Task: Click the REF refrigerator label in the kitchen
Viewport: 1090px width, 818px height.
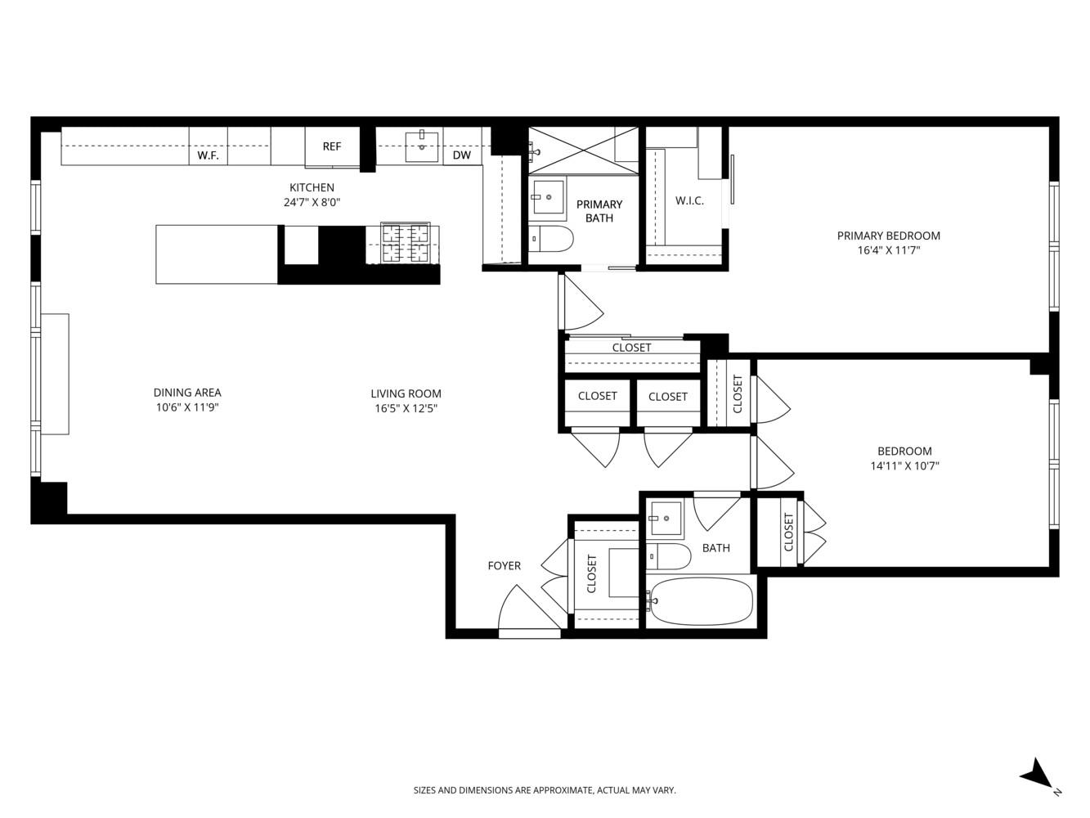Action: click(x=331, y=147)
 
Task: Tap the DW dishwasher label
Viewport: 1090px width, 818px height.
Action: click(x=462, y=155)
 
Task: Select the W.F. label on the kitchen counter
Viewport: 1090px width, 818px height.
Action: click(x=208, y=155)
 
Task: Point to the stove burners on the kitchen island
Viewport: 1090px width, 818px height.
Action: click(x=406, y=244)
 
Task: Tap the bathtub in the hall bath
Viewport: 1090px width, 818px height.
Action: click(x=700, y=602)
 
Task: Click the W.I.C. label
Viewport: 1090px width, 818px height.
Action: click(x=689, y=200)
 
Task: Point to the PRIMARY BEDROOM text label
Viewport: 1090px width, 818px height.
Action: click(x=888, y=236)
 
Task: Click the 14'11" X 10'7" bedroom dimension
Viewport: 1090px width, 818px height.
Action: click(x=904, y=466)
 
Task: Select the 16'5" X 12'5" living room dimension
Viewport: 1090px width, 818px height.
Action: click(x=406, y=409)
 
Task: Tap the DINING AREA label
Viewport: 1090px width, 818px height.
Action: click(x=187, y=393)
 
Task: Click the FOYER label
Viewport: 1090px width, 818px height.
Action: click(x=504, y=565)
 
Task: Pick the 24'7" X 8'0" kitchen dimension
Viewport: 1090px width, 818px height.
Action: click(x=312, y=203)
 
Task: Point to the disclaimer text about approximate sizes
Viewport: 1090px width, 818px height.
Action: click(x=545, y=790)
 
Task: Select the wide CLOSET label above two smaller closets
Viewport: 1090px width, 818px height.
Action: click(x=631, y=348)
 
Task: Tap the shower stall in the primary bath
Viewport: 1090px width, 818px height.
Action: click(x=582, y=150)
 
